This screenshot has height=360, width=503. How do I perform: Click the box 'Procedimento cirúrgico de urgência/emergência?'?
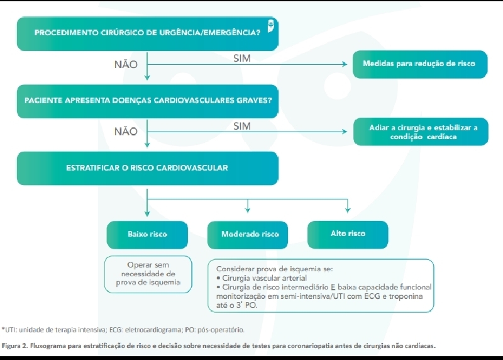148,32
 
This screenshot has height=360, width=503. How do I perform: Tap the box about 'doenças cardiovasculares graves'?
148,100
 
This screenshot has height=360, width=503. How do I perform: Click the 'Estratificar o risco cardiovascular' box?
147,168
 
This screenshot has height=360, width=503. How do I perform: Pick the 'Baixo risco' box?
147,234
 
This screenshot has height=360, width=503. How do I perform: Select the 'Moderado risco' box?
250,234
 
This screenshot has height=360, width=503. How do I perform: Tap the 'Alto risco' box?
348,233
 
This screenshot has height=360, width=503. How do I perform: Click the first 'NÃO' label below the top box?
126,64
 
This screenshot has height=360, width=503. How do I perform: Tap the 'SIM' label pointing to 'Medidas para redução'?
242,58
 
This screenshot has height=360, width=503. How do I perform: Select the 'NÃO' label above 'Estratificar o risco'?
126,132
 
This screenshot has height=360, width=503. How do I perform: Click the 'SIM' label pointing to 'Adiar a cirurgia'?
242,126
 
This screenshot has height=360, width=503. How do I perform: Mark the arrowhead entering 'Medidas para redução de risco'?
344,64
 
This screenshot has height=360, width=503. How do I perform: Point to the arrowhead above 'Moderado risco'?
248,210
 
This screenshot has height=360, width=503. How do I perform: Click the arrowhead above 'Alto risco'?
347,210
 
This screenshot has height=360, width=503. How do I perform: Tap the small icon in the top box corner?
270,26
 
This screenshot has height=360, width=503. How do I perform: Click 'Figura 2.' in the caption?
18,346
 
